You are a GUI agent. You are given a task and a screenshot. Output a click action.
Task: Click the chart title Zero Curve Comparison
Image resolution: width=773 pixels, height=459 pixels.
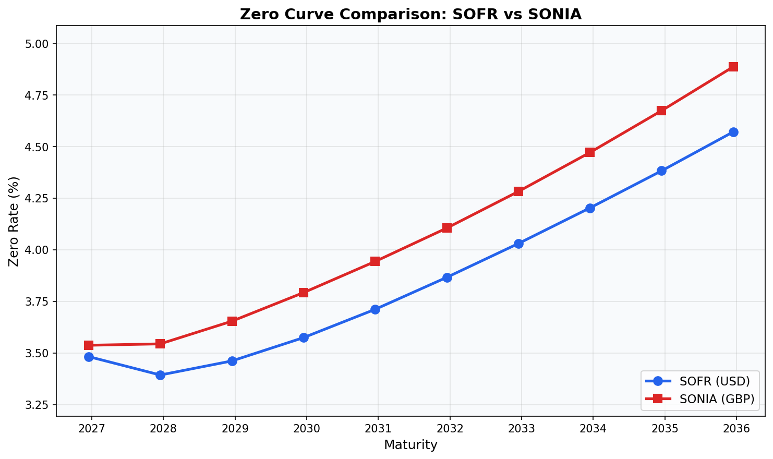[x=410, y=14]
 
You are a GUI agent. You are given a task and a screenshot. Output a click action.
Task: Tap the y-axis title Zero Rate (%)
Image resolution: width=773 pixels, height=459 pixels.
[x=14, y=221]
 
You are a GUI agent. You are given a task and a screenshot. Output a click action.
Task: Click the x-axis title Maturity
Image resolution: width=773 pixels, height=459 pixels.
[x=410, y=445]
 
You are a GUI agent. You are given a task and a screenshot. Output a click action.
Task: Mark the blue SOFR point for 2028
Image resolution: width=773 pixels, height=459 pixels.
[x=160, y=375]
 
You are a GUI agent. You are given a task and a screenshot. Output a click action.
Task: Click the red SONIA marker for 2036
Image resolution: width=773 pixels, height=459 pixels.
[x=733, y=67]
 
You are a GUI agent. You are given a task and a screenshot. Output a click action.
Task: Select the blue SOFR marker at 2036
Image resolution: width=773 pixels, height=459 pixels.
[x=733, y=132]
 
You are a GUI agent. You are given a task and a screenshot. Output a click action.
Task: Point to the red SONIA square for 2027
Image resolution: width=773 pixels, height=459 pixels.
[x=89, y=345]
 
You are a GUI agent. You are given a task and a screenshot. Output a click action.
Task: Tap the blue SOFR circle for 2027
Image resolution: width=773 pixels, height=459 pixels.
[x=89, y=357]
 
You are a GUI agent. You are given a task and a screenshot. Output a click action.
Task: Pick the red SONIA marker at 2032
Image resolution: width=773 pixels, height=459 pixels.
[x=447, y=228]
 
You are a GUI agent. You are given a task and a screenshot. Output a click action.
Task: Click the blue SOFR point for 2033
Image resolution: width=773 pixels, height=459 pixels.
[x=518, y=244]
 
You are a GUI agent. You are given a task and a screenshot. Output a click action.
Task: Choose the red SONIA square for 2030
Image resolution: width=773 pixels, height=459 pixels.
[x=304, y=293]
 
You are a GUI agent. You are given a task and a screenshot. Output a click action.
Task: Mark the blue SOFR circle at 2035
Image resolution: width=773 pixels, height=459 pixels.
[x=661, y=171]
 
